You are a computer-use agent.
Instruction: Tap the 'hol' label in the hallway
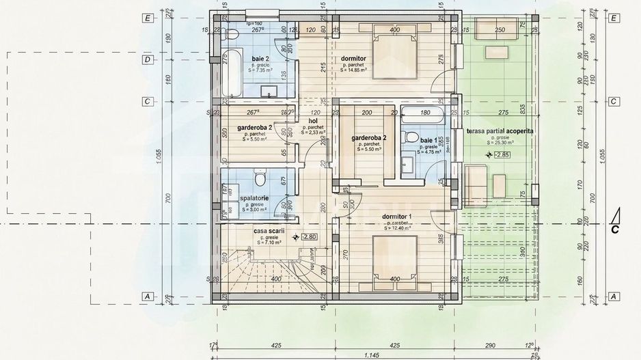[x=313, y=121]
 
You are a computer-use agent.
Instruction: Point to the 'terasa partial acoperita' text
[x=500, y=130]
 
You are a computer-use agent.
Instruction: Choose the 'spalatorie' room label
[x=254, y=198]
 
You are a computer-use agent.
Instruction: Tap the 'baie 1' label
[x=411, y=139]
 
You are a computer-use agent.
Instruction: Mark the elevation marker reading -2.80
[x=308, y=237]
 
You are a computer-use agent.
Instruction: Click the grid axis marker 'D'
[x=147, y=59]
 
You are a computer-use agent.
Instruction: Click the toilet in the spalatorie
[x=258, y=179]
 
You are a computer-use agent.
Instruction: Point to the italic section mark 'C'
[x=614, y=229]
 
